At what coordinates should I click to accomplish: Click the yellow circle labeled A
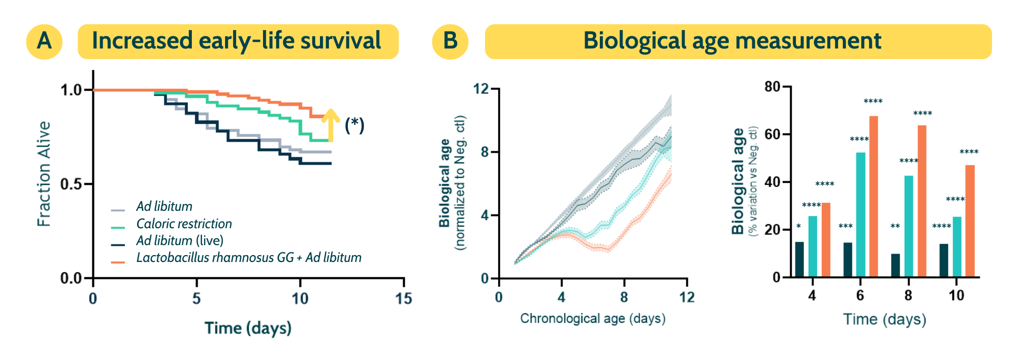[44, 41]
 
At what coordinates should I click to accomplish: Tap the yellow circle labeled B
[450, 41]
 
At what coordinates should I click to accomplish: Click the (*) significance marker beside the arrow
[354, 125]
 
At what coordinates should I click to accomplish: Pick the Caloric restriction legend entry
[183, 224]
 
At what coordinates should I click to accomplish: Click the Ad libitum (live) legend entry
[179, 241]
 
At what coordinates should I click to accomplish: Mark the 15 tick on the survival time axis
[403, 299]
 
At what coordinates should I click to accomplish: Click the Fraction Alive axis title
[44, 174]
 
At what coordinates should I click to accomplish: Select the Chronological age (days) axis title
[592, 318]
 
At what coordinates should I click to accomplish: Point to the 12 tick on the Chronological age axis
[686, 298]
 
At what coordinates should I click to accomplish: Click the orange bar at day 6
[873, 196]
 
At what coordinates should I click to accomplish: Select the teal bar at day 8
[909, 226]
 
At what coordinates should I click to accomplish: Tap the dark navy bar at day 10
[944, 260]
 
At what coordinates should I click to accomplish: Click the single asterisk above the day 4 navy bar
[799, 227]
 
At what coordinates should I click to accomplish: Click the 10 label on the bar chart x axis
[956, 296]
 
